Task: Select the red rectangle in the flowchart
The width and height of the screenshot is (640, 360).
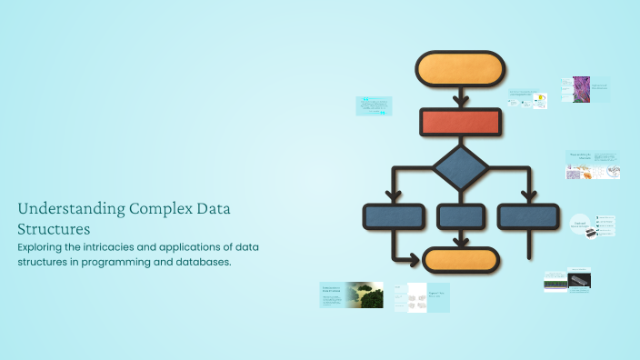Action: point(459,123)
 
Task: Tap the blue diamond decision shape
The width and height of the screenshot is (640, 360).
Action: point(460,167)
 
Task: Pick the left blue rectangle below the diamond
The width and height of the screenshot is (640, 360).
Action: point(394,216)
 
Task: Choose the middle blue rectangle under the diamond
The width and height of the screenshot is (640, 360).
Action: point(460,216)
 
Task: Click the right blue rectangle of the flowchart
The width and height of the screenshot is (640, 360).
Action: point(527,216)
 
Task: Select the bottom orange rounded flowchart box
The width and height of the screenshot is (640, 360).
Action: point(461,260)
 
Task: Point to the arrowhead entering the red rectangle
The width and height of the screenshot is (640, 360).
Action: point(460,101)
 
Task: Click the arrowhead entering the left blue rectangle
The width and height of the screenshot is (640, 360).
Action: point(394,196)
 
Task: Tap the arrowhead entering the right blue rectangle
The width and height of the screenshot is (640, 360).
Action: point(527,196)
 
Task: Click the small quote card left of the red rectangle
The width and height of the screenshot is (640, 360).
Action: point(373,105)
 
